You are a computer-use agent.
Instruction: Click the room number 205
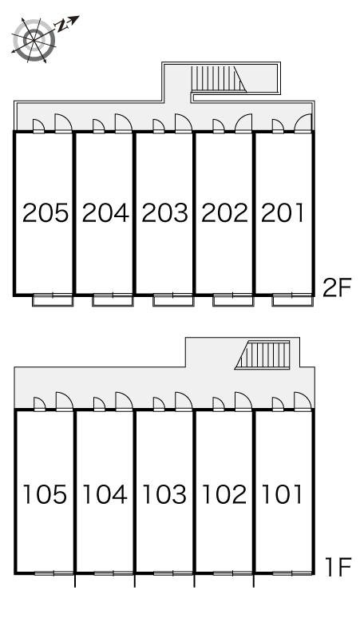45,213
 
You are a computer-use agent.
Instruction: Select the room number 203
164,213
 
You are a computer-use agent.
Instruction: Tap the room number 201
282,213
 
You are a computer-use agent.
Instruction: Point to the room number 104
105,494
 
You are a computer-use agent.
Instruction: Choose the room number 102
224,494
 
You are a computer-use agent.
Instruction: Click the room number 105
45,494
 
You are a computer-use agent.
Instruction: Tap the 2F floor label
336,287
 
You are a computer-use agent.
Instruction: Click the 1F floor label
338,567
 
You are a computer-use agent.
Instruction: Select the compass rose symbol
34,40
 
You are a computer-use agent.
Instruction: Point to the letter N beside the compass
61,26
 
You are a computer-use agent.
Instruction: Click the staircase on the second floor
218,79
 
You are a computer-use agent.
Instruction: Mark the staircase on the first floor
263,355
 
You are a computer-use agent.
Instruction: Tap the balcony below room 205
53,300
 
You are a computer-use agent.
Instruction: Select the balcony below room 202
233,300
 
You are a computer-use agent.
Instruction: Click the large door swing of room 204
124,123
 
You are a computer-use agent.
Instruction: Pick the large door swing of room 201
303,123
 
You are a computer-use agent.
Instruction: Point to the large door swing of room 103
184,401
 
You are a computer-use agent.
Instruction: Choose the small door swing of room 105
39,404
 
